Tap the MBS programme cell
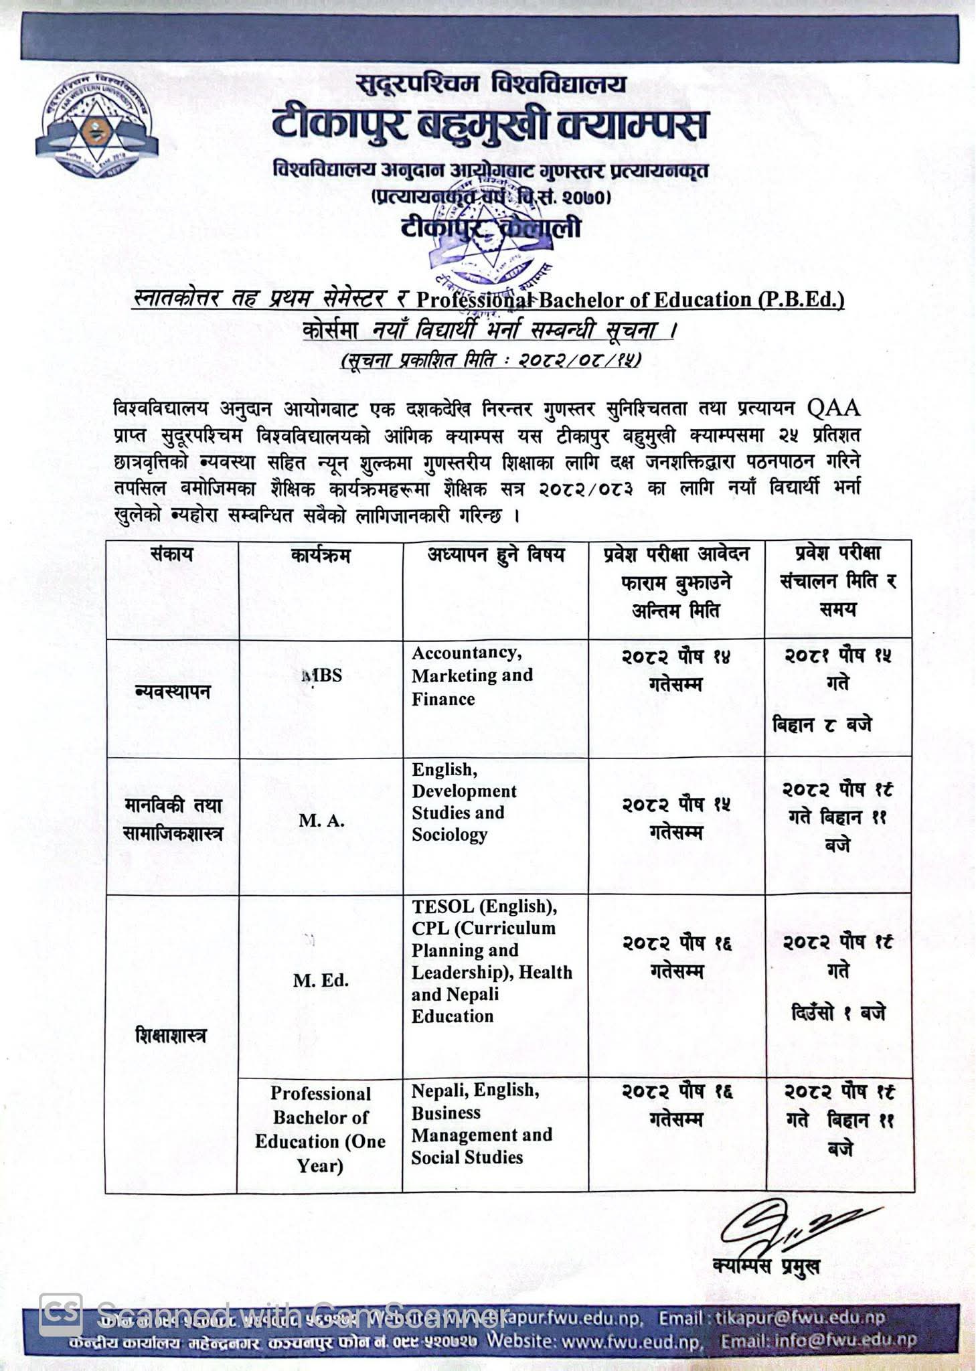321,675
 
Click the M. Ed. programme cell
321,981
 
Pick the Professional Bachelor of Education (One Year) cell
321,1129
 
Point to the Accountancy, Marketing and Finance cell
473,675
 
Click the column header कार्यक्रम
321,556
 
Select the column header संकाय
172,554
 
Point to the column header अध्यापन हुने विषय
496,554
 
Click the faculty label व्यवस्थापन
172,692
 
